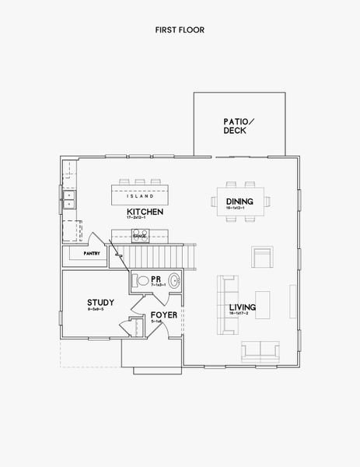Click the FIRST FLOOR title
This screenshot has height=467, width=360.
click(x=179, y=30)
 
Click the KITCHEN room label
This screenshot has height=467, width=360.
click(x=144, y=212)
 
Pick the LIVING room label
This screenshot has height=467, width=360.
click(x=243, y=308)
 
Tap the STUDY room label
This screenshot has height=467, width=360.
click(x=101, y=302)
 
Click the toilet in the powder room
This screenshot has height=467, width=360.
click(x=142, y=280)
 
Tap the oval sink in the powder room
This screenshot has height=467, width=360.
click(x=174, y=281)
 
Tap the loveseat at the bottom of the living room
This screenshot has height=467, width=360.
click(x=261, y=352)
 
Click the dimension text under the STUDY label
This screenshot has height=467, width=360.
click(x=101, y=310)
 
